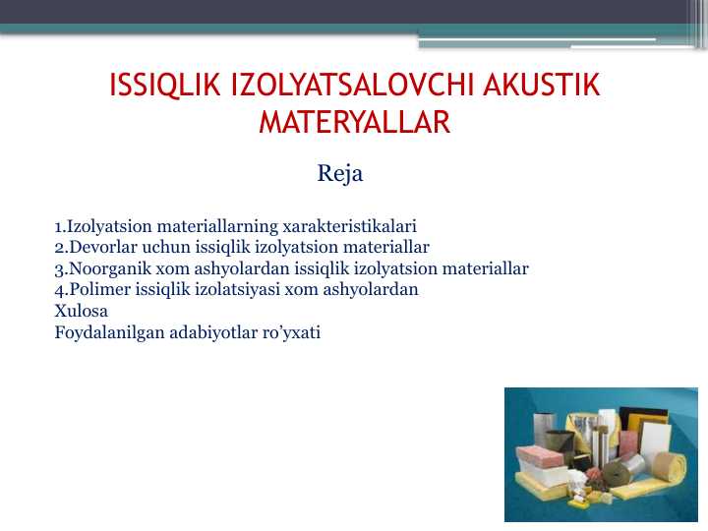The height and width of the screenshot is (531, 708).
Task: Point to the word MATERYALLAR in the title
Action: pyautogui.click(x=354, y=123)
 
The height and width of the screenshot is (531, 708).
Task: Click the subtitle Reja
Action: pyautogui.click(x=340, y=174)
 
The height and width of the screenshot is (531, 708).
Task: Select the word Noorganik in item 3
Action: pyautogui.click(x=103, y=268)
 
